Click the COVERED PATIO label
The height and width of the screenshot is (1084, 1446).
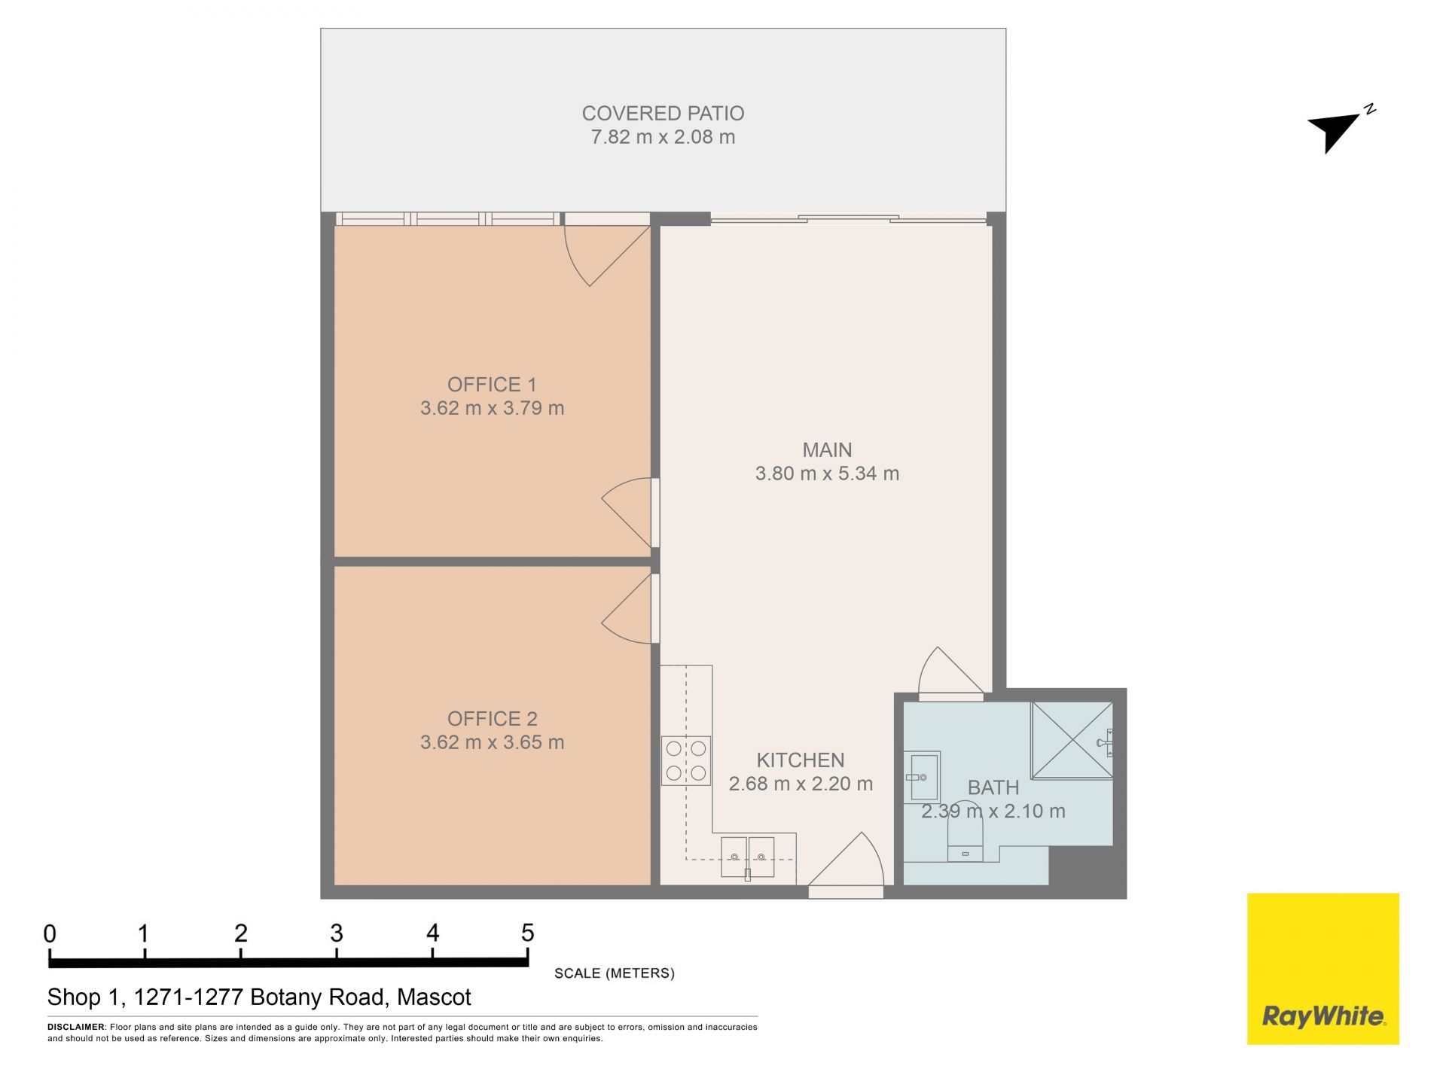[x=663, y=114]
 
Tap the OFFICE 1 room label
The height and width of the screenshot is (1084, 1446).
[x=492, y=385]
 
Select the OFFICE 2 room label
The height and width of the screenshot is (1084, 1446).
[x=492, y=719]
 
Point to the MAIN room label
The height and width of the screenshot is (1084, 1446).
[x=827, y=450]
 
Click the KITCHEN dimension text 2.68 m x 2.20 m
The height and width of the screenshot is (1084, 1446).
[x=801, y=784]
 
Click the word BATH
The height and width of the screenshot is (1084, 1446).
[x=993, y=787]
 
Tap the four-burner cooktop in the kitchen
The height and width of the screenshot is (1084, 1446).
[x=686, y=760]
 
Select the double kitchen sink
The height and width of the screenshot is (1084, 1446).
[x=748, y=857]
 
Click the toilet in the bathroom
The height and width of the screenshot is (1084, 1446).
[x=965, y=839]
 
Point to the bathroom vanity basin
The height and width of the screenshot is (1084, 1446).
[x=922, y=777]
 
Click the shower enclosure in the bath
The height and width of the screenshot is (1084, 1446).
[x=1072, y=740]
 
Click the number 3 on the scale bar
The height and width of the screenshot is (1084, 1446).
[x=337, y=933]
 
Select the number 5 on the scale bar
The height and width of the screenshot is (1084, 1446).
[x=528, y=933]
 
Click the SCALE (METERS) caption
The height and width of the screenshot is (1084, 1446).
[x=615, y=973]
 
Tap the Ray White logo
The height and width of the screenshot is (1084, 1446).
[x=1323, y=969]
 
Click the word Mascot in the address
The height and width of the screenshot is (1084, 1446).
[x=434, y=997]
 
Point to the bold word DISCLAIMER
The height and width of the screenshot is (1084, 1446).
[x=76, y=1027]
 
